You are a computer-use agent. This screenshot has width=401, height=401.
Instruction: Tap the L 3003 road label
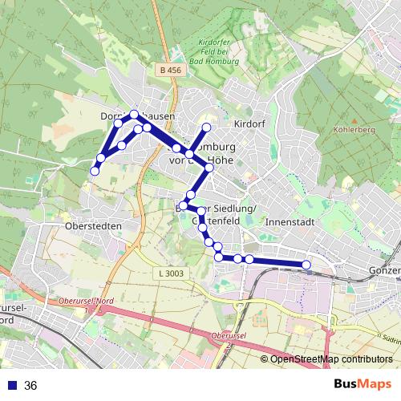(170, 273)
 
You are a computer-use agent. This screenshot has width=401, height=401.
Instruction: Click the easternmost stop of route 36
(306, 265)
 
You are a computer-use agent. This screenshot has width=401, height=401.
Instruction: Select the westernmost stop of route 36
(95, 170)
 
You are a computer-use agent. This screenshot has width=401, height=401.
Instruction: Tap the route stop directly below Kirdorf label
(206, 128)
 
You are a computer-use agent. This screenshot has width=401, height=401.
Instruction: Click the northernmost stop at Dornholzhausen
(134, 115)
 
